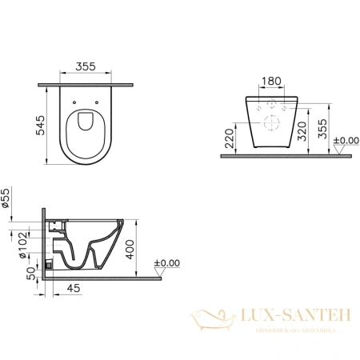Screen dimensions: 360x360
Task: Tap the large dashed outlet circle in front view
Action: [272, 123]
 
